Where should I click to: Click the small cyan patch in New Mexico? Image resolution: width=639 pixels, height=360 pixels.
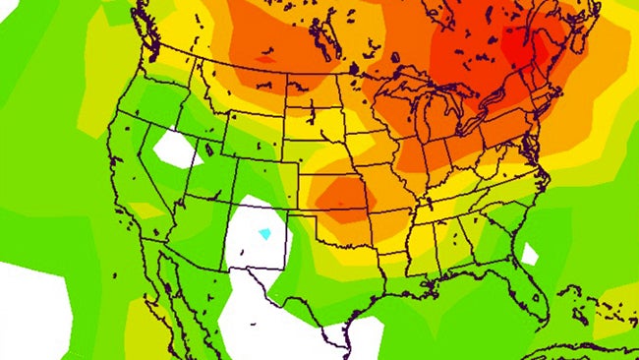point(263,234)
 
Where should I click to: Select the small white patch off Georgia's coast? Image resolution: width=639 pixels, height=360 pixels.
point(530,255)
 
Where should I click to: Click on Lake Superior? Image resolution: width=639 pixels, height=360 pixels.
point(413,84)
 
